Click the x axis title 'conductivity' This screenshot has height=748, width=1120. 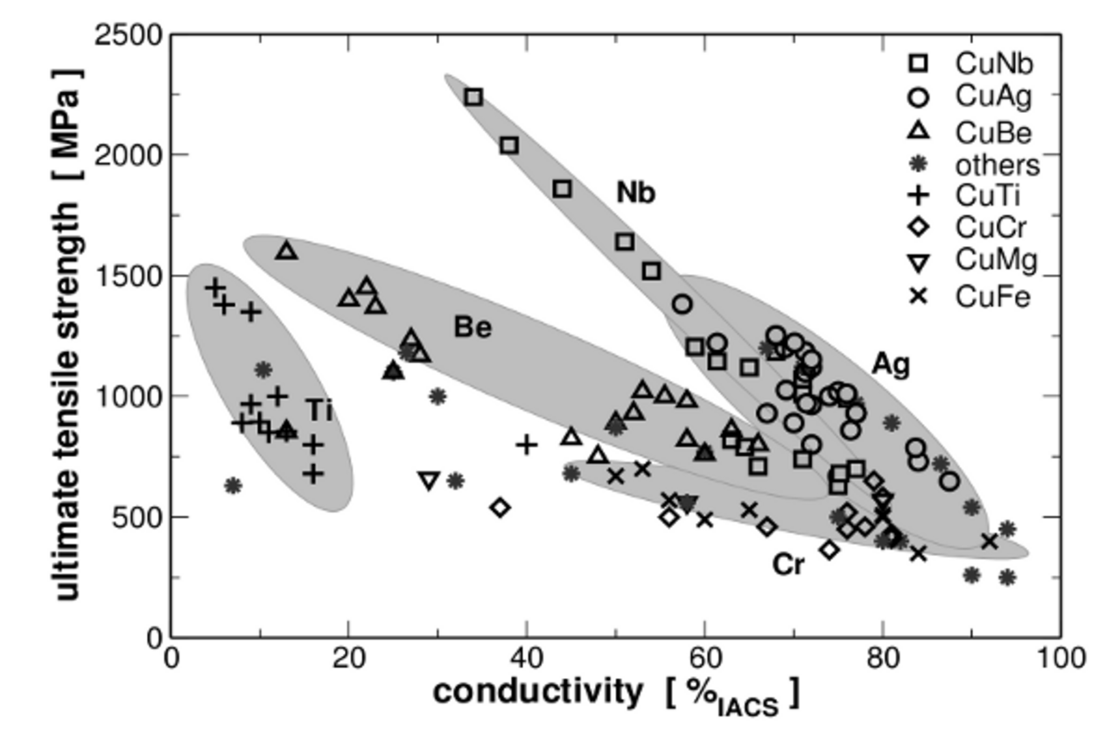coord(537,692)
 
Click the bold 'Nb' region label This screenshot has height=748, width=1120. coord(635,193)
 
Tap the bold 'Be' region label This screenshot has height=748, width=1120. coord(472,328)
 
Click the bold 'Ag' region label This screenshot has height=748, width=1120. coord(891,364)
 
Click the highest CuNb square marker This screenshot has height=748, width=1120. coord(473,97)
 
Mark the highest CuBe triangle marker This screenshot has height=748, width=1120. coord(287,251)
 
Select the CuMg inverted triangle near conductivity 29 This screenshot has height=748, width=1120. coord(429,480)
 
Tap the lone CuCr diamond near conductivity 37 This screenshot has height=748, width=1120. coord(500,507)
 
